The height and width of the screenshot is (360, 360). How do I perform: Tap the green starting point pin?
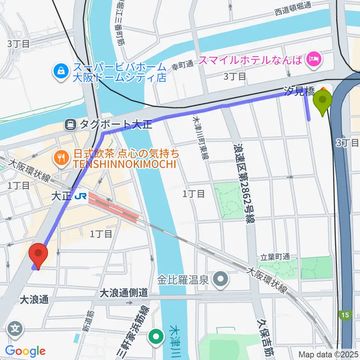click(x=322, y=101)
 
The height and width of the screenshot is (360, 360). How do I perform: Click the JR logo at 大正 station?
click(x=80, y=196)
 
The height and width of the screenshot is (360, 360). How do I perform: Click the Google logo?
click(x=25, y=351)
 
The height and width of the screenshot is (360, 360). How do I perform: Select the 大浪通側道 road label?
click(x=123, y=293)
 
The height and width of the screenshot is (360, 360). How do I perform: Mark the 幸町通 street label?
click(x=183, y=65)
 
